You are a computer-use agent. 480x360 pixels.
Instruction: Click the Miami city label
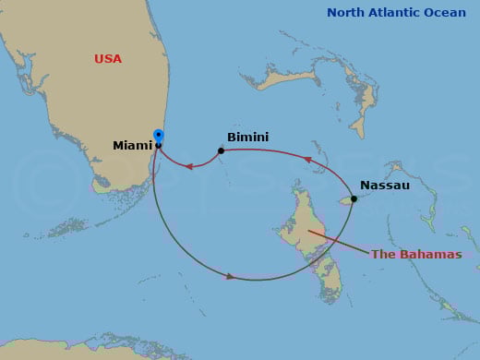point(132,146)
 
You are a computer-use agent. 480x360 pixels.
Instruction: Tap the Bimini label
point(247,138)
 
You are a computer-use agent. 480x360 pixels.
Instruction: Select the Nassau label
point(385,186)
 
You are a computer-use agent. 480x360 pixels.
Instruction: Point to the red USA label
point(108,59)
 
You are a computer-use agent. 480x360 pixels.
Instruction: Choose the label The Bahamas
point(415,255)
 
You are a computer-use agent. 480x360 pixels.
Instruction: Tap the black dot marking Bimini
point(221,150)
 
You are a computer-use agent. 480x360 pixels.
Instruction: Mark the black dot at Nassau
point(354,198)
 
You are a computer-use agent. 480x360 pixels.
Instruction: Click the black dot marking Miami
point(159,146)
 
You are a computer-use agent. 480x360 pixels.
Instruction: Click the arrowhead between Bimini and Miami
point(187,167)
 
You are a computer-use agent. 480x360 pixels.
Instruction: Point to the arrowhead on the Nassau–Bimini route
point(308,160)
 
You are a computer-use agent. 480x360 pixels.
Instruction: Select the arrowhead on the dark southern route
point(231,275)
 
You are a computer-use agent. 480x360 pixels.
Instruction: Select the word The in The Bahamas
point(382,255)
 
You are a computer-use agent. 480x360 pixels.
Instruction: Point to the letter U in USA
point(99,59)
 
